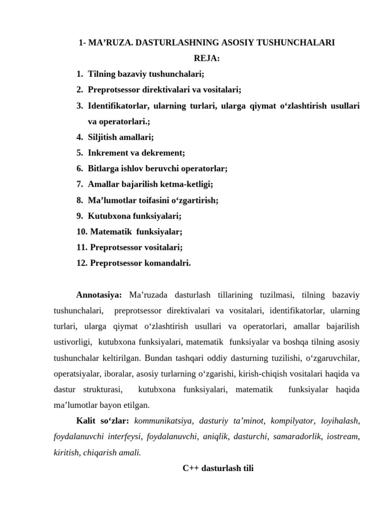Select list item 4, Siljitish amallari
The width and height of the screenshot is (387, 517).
pyautogui.click(x=121, y=137)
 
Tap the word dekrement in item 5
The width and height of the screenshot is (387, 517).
pyautogui.click(x=166, y=152)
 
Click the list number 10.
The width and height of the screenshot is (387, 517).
pyautogui.click(x=82, y=232)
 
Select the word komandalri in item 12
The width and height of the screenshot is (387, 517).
pyautogui.click(x=168, y=263)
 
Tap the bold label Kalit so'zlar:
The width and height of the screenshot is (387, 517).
pyautogui.click(x=102, y=421)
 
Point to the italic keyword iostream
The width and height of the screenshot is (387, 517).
pyautogui.click(x=343, y=437)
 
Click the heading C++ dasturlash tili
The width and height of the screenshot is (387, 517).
pyautogui.click(x=218, y=468)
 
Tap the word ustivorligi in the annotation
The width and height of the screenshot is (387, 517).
pyautogui.click(x=73, y=342)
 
